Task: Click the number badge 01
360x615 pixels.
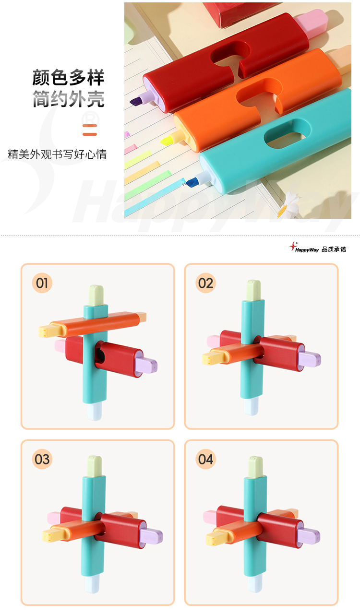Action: (42, 283)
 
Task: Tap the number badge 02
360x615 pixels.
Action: (205, 283)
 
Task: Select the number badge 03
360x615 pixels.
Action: (42, 459)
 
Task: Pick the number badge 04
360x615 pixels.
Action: (205, 459)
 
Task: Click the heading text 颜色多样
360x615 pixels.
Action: (68, 78)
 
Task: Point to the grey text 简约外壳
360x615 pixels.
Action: (68, 99)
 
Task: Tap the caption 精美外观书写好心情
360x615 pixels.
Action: (57, 154)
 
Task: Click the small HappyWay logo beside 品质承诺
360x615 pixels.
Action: (304, 248)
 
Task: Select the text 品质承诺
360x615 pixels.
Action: (334, 249)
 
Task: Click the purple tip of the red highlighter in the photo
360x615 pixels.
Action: (137, 101)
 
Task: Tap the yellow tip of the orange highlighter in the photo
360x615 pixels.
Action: (168, 140)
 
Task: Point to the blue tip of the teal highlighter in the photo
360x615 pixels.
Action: (193, 182)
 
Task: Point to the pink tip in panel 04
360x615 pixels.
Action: (209, 517)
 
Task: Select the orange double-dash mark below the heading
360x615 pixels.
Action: (90, 130)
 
